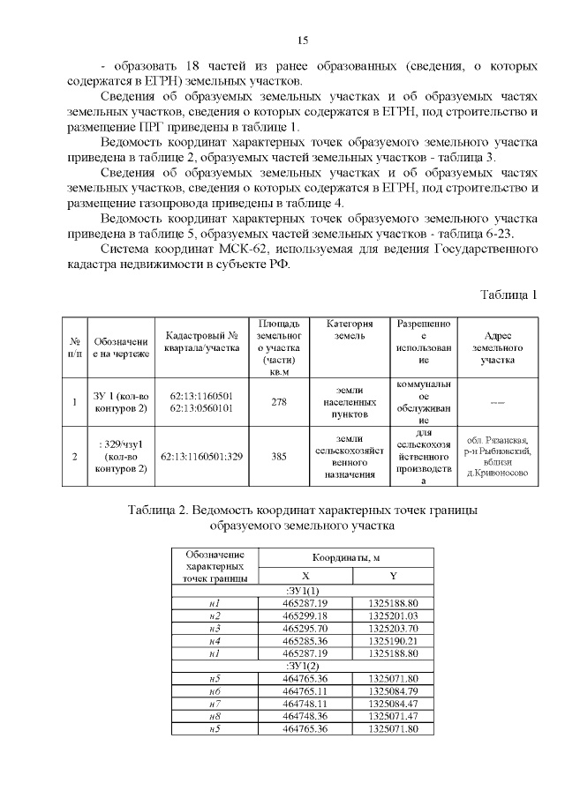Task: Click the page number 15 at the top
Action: (301, 41)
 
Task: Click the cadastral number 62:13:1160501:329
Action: (202, 458)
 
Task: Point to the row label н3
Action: (214, 628)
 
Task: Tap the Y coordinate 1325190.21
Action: (392, 641)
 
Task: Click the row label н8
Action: (214, 718)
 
